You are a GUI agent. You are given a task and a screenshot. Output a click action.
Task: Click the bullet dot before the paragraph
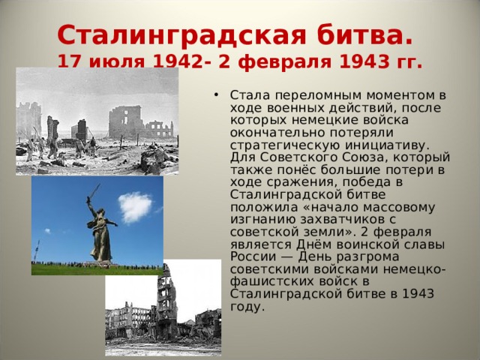click(217, 95)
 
